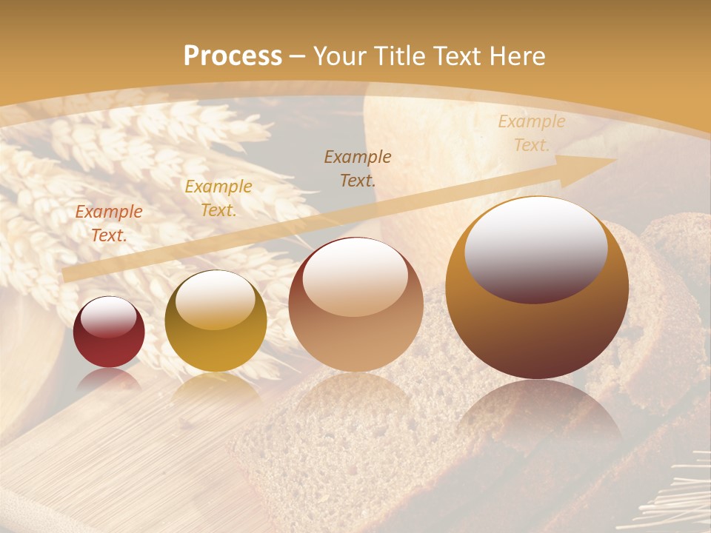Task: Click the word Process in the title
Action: [x=233, y=56]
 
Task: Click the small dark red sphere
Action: [x=109, y=332]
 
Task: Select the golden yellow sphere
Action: [x=216, y=321]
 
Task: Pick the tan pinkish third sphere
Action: [x=355, y=304]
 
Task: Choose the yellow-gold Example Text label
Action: [x=218, y=198]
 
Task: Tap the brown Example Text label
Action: [x=358, y=168]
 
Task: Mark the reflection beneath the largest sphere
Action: [x=537, y=415]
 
